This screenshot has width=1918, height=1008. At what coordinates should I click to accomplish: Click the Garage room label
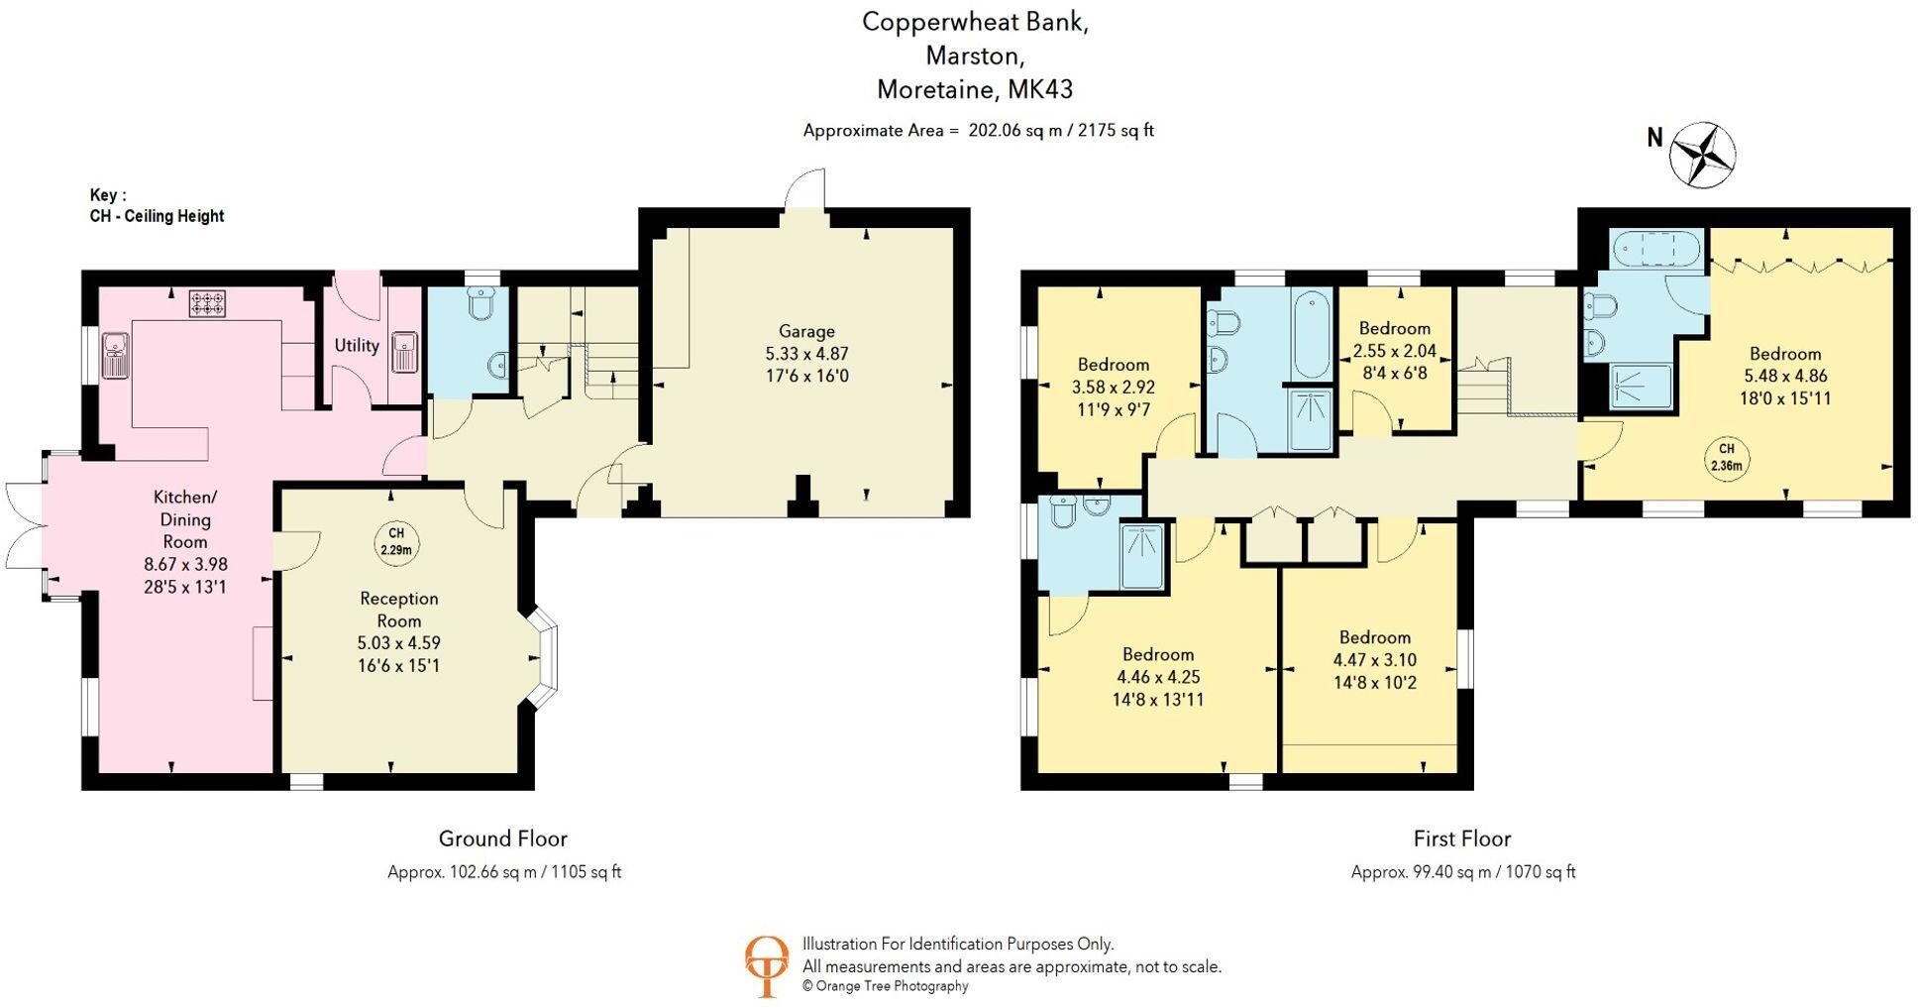[806, 332]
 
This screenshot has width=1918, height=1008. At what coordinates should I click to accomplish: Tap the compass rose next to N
[1702, 155]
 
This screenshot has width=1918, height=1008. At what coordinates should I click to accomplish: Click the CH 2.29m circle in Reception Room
[396, 541]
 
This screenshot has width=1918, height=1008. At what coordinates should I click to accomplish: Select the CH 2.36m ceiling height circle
[1727, 456]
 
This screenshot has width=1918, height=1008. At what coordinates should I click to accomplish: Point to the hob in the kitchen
[207, 302]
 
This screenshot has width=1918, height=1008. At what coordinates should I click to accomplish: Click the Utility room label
[356, 345]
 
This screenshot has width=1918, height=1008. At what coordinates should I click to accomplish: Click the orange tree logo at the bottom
[766, 964]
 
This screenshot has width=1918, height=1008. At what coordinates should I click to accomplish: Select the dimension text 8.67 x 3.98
[185, 564]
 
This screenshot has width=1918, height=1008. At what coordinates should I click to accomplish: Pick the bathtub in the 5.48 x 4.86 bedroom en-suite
[1656, 249]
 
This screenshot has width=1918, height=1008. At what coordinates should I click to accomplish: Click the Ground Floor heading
[502, 839]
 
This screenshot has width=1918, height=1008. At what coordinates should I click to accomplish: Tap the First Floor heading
[1461, 839]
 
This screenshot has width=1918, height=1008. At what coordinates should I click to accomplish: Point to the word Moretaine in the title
[936, 89]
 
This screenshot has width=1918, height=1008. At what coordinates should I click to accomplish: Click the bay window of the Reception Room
[544, 657]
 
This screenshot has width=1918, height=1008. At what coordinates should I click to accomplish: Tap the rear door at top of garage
[803, 193]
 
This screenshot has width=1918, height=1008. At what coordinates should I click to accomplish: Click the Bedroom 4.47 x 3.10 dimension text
[1374, 660]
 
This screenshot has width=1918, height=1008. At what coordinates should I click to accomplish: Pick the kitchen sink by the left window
[116, 355]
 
